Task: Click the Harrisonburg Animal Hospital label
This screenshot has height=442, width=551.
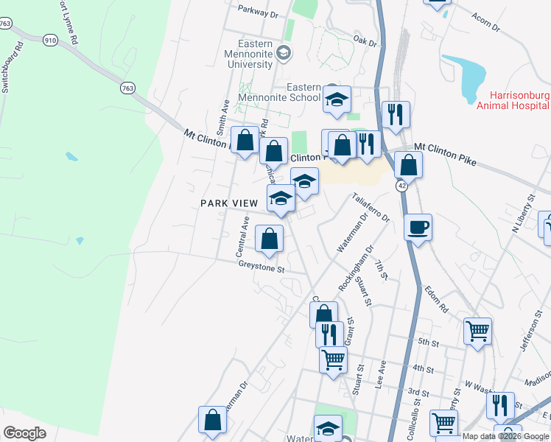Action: click(519, 100)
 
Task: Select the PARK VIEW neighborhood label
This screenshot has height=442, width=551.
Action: click(228, 203)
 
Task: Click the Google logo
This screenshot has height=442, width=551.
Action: click(24, 432)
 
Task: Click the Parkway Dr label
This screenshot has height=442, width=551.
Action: click(259, 13)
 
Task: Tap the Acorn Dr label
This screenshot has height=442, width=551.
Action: click(485, 23)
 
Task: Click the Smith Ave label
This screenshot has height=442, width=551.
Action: click(222, 114)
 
